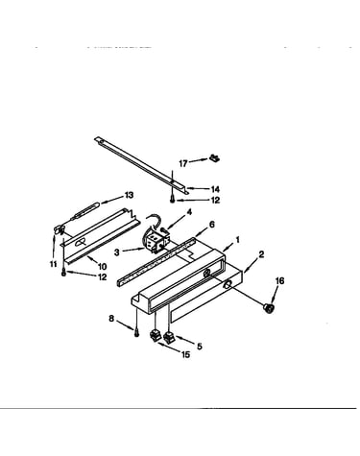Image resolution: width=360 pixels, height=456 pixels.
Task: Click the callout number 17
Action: point(183,163)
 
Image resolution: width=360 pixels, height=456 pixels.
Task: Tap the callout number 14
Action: point(216,189)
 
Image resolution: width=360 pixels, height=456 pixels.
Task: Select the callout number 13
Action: point(130,195)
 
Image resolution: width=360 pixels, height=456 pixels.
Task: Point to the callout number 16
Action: point(279,280)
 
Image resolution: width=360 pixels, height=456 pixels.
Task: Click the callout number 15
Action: point(185,354)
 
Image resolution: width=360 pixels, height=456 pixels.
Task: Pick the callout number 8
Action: point(111,319)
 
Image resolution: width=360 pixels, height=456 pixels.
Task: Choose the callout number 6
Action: point(212,225)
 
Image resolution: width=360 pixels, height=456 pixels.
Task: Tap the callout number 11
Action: point(53,264)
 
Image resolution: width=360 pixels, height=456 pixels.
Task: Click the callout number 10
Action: point(103,266)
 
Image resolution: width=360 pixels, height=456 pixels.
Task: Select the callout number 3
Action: point(117,252)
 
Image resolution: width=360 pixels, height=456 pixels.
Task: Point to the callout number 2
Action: point(261,254)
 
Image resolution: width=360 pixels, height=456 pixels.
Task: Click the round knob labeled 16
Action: point(269,308)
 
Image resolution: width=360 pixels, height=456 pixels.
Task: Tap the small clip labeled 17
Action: point(214,157)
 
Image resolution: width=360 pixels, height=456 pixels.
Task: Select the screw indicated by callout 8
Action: point(137,333)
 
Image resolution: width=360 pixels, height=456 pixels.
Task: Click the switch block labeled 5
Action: point(169,338)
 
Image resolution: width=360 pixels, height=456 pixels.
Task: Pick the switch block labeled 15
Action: point(155,336)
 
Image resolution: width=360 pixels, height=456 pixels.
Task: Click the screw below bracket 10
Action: point(63,273)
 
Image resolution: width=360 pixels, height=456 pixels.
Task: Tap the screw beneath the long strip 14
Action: point(173,200)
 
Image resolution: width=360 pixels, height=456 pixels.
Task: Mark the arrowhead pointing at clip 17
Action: point(206,159)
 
